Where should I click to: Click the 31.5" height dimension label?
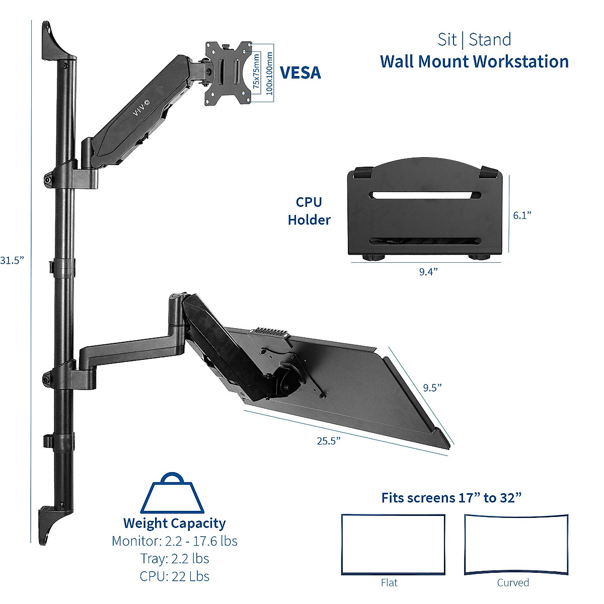tap(12, 260)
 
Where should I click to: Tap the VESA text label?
tap(300, 73)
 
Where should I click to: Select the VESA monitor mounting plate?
tap(228, 73)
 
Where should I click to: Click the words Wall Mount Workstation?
tap(474, 61)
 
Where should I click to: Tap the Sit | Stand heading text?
tap(474, 39)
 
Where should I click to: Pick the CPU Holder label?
tap(309, 211)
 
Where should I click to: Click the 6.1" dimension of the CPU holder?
tap(522, 215)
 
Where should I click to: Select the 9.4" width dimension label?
tap(428, 272)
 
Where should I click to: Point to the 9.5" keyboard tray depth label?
tap(432, 387)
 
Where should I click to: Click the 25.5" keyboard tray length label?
tap(329, 441)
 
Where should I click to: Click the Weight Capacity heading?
tap(174, 523)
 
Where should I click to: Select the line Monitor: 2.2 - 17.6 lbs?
tap(174, 541)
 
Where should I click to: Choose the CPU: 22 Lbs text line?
tap(174, 576)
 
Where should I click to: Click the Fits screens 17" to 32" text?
tap(451, 498)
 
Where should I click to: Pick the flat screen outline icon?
tap(393, 544)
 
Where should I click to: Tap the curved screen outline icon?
tap(516, 544)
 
